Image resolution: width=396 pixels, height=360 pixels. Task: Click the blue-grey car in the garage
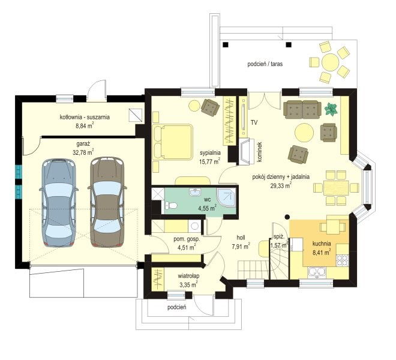[59, 203]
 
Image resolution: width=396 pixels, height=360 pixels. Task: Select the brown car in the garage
[107, 202]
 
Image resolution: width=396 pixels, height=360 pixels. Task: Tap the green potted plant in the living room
[331, 109]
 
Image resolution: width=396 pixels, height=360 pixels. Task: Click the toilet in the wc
[170, 205]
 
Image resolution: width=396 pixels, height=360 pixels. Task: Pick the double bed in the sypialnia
[172, 142]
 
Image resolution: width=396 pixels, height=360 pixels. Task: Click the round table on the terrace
[330, 62]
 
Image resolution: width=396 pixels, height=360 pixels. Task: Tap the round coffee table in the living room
[304, 133]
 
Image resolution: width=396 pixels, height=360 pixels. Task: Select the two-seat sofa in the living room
[302, 109]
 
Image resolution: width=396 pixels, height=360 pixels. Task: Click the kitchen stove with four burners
[342, 260]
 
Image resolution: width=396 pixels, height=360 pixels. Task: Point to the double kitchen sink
[317, 272]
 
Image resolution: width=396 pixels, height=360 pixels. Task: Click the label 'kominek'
[259, 152]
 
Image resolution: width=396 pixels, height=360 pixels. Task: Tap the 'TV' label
[254, 123]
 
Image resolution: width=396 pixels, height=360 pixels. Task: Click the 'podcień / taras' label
[265, 64]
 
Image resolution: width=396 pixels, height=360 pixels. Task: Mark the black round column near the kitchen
[287, 217]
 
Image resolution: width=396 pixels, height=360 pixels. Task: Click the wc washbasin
[195, 192]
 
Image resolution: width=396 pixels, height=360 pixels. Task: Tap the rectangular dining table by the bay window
[336, 188]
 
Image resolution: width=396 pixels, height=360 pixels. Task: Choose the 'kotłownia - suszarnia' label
[85, 117]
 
